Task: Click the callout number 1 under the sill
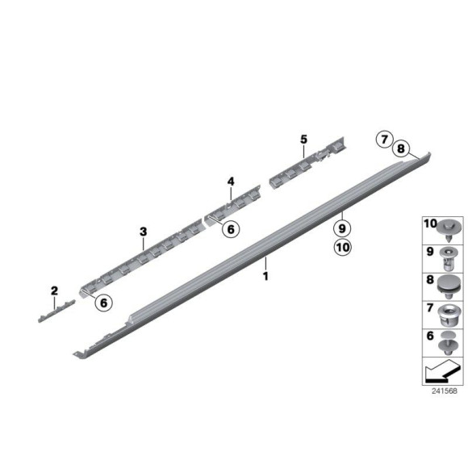pyautogui.click(x=265, y=276)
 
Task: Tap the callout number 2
pyautogui.click(x=55, y=290)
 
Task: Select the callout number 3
pyautogui.click(x=142, y=233)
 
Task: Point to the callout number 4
pyautogui.click(x=230, y=182)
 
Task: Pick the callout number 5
pyautogui.click(x=303, y=140)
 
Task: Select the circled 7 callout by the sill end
pyautogui.click(x=385, y=140)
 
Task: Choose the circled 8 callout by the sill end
pyautogui.click(x=401, y=149)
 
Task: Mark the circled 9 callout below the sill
pyautogui.click(x=341, y=228)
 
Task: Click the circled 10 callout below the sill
pyautogui.click(x=341, y=249)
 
